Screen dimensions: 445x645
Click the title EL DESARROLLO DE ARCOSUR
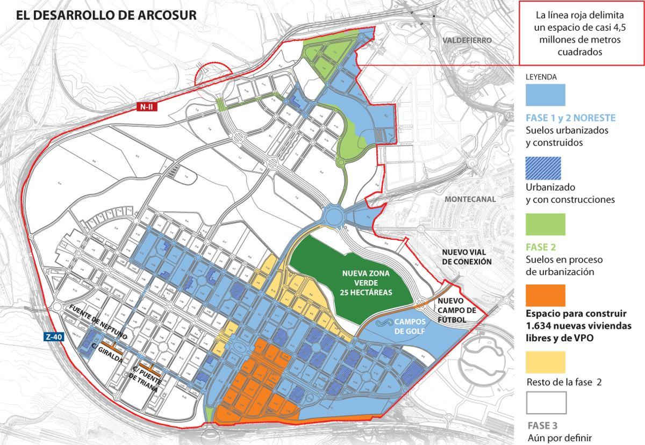point(106,15)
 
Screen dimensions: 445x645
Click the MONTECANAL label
point(470,199)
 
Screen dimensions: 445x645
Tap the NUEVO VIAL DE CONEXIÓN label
point(467,257)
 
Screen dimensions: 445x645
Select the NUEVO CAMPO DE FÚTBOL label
point(457,310)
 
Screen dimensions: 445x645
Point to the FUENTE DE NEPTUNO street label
point(98,321)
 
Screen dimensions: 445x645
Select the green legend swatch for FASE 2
point(545,225)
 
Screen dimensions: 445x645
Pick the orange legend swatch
point(545,296)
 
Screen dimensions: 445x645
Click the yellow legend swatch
point(545,362)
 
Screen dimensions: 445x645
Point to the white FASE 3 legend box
point(545,403)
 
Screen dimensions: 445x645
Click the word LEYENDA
point(541,77)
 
